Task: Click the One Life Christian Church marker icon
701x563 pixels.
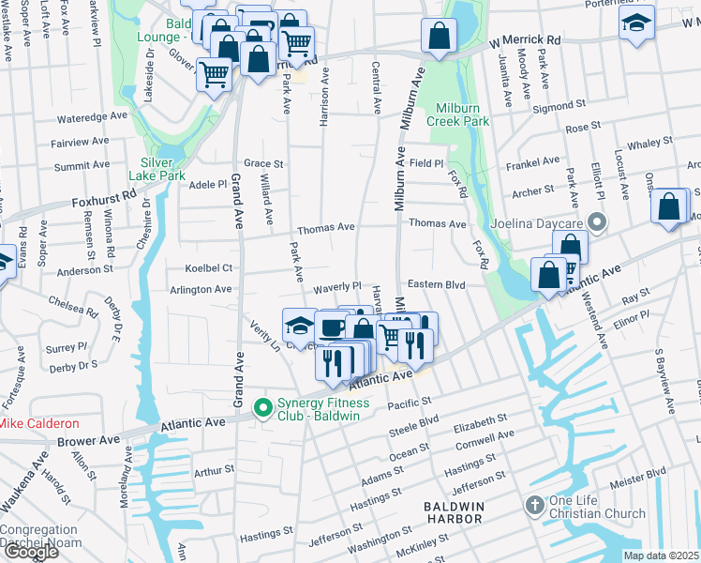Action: pyautogui.click(x=534, y=505)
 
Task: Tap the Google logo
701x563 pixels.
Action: pyautogui.click(x=30, y=551)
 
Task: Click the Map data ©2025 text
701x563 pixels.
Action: pyautogui.click(x=661, y=555)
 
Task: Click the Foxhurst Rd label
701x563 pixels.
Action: pyautogui.click(x=104, y=200)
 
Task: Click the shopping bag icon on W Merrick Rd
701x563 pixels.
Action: pyautogui.click(x=438, y=37)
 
